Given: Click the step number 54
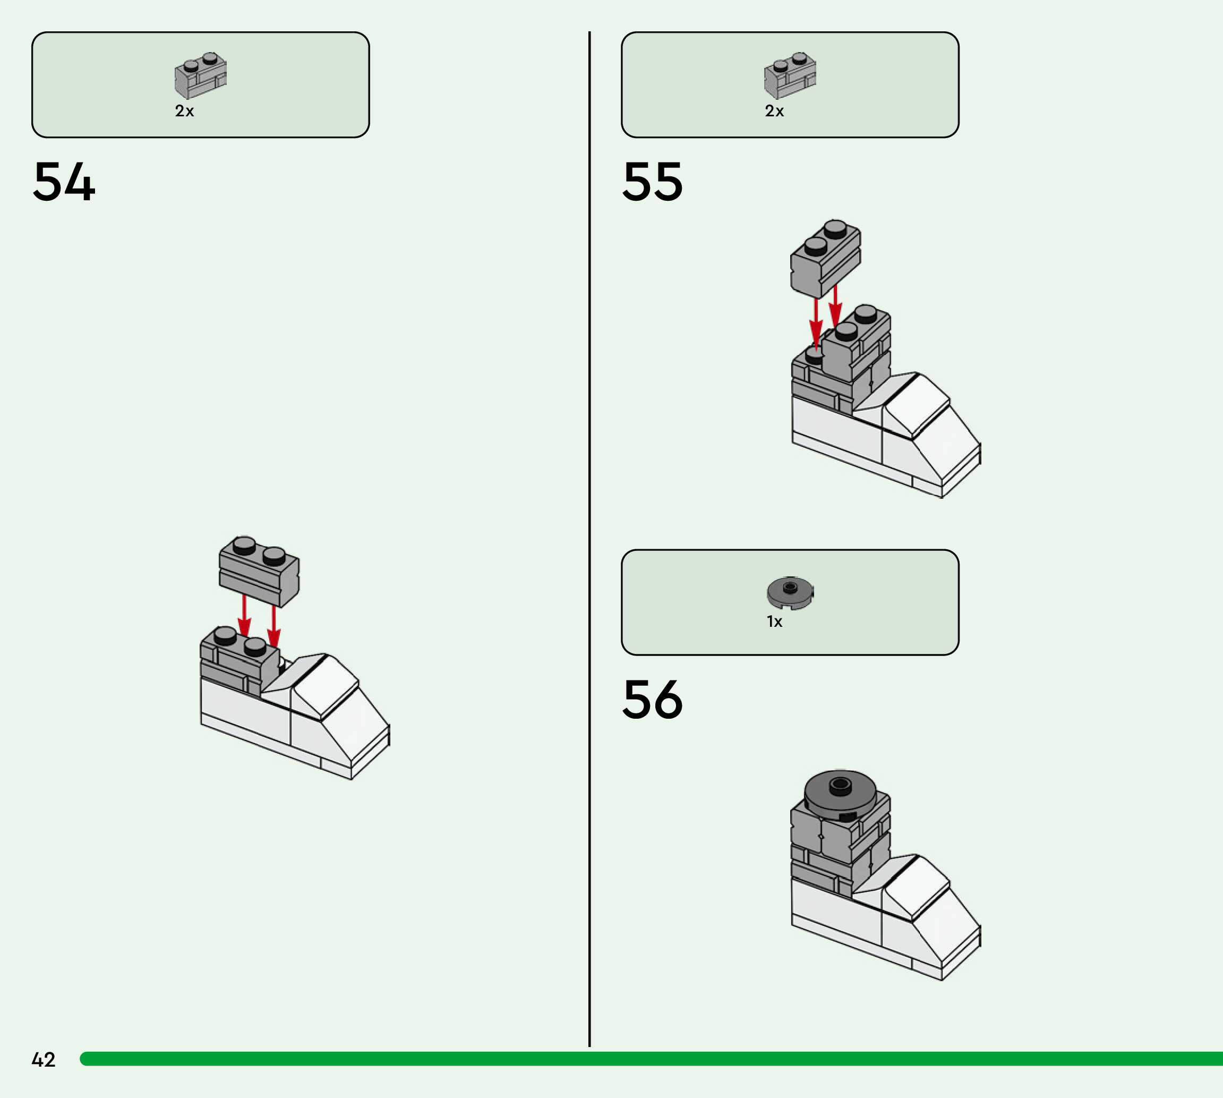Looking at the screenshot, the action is point(64,182).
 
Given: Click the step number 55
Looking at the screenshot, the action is point(653,182).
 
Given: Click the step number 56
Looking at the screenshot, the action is point(653,699).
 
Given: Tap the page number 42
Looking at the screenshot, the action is point(44,1059).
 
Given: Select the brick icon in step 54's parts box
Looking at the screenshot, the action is point(200,75).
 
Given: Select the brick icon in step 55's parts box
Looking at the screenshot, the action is point(790,75).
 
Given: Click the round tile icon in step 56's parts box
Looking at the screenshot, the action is point(790,592).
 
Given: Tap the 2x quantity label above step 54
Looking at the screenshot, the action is point(184,111).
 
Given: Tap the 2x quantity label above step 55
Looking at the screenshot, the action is point(774,111).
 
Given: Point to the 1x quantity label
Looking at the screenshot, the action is point(774,622).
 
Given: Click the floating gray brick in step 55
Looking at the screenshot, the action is point(825,259).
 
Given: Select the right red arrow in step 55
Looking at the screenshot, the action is point(835,307).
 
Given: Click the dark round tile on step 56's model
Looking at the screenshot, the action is point(840,792).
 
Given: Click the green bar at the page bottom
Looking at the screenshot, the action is point(651,1059).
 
